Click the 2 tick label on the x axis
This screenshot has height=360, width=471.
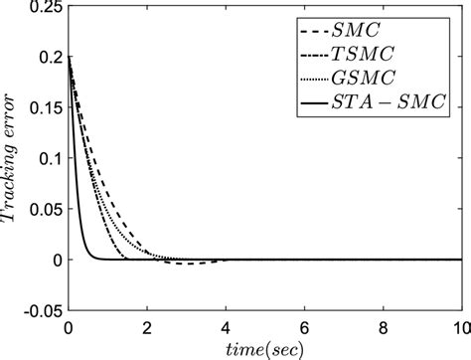[x=147, y=326]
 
